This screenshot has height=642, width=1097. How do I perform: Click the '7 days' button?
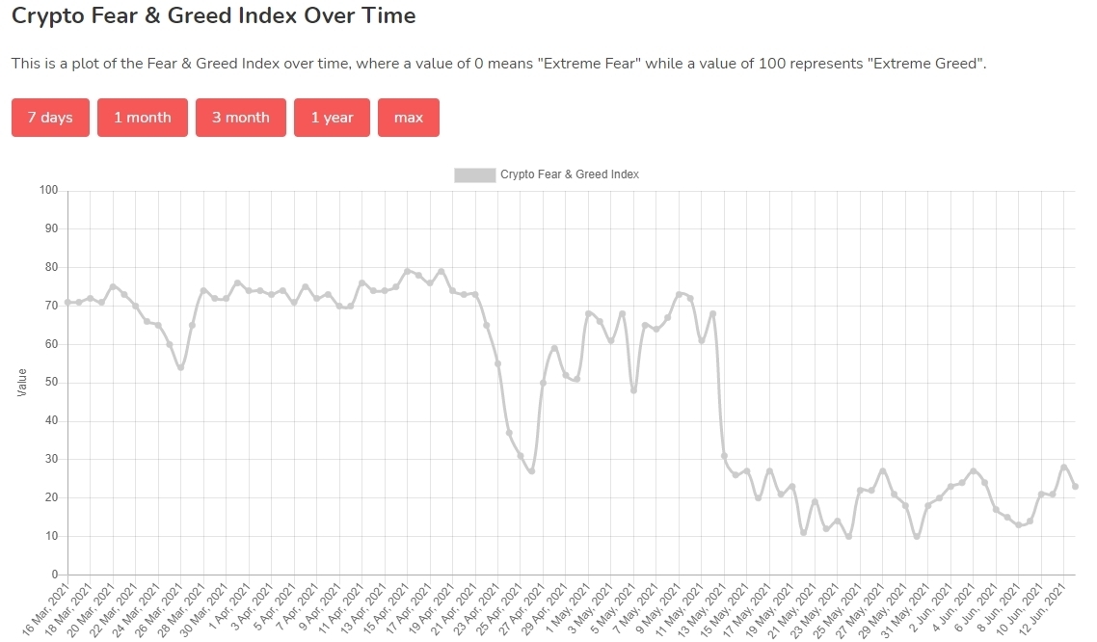(x=50, y=118)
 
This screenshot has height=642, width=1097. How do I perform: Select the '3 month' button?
(x=241, y=118)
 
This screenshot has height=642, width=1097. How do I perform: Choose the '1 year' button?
(x=332, y=118)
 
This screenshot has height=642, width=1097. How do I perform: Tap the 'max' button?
(x=409, y=118)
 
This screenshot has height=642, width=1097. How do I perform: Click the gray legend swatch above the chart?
(x=474, y=174)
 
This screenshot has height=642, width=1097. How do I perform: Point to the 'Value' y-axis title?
(x=23, y=382)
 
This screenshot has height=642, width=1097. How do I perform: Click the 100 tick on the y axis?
(x=48, y=190)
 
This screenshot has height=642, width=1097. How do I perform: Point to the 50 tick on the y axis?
(x=51, y=383)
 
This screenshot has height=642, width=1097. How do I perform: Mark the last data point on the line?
(x=1075, y=486)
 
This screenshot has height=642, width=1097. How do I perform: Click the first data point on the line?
(x=67, y=303)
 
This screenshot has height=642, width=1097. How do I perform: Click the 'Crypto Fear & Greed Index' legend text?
(x=570, y=174)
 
